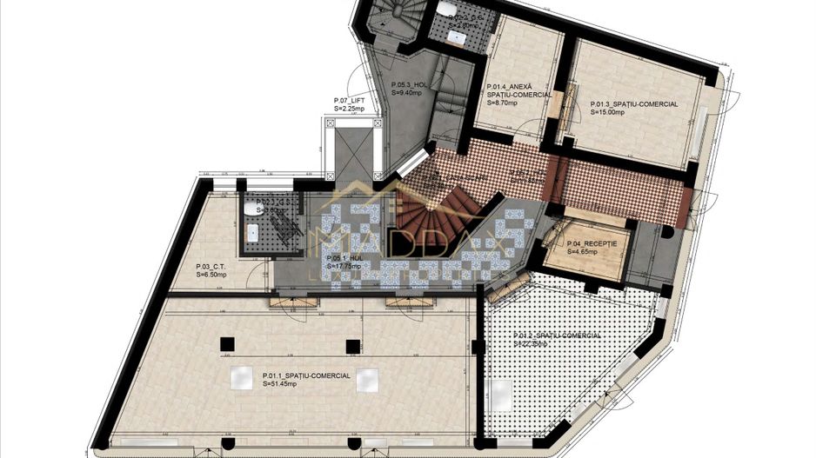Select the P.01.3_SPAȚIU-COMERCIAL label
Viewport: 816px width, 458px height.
pyautogui.click(x=634, y=103)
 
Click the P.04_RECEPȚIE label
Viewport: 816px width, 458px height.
pyautogui.click(x=592, y=243)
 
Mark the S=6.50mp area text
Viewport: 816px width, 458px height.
pyautogui.click(x=211, y=275)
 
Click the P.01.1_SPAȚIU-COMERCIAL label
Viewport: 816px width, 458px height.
pyautogui.click(x=307, y=375)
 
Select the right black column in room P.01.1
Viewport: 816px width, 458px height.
pyautogui.click(x=352, y=346)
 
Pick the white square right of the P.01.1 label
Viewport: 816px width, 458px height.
pyautogui.click(x=367, y=381)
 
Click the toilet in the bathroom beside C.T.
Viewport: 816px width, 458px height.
pyautogui.click(x=250, y=209)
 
